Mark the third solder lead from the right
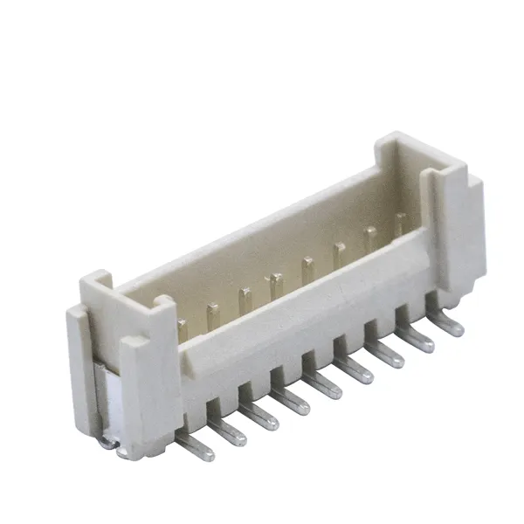(x=385, y=356)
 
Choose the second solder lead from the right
(x=416, y=340)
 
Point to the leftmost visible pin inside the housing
(x=183, y=330)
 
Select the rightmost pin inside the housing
(x=400, y=224)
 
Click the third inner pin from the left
(x=245, y=300)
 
